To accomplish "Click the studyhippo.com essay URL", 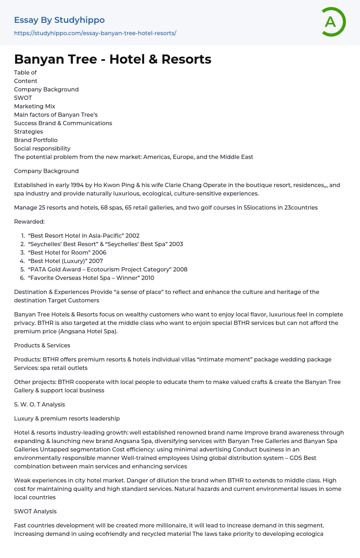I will (95, 33).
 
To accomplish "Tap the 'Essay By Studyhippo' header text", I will (59, 20).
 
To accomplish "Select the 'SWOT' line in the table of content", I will (23, 98).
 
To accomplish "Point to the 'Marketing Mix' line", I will (34, 106).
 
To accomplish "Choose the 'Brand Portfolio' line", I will (36, 140).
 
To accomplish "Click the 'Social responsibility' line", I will (42, 148).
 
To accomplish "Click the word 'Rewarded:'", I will (29, 222).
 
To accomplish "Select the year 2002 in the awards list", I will (133, 236).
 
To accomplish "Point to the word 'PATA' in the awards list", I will (39, 269).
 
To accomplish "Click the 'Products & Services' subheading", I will (42, 345).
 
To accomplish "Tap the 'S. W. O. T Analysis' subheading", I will (39, 404).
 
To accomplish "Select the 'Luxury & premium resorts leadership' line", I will (67, 418).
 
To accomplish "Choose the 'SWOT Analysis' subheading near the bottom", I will (35, 511).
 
